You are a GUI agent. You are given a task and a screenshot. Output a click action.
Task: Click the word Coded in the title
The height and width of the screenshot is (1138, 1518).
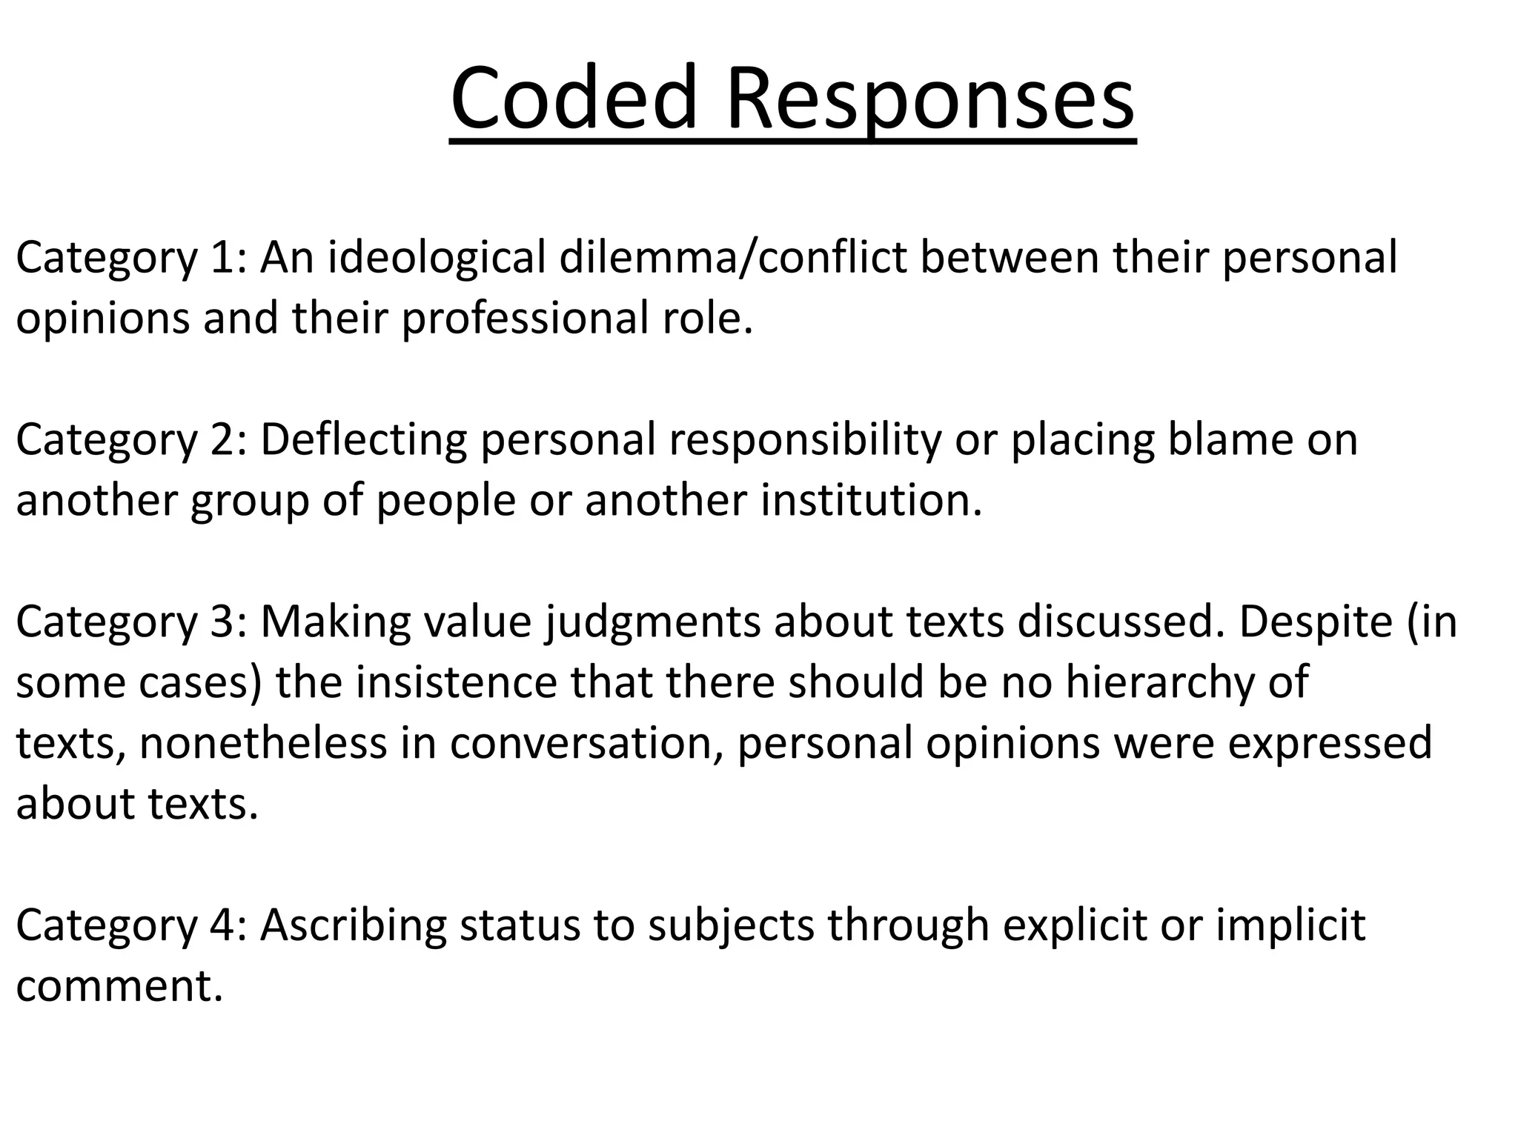tap(574, 99)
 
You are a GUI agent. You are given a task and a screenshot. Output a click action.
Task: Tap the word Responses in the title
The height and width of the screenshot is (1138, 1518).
tap(929, 99)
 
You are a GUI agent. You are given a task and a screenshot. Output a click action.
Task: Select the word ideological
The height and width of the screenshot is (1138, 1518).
tap(437, 257)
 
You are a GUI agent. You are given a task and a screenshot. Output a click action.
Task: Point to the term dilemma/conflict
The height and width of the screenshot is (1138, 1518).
tap(733, 257)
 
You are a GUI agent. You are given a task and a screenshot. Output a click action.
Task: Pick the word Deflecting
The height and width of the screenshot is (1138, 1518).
tap(363, 439)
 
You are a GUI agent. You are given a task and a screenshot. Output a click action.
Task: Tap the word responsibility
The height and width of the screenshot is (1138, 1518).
tap(803, 439)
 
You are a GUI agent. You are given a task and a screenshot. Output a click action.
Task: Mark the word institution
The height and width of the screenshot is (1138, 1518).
tap(871, 500)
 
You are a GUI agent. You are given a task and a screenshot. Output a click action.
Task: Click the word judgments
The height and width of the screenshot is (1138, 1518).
tap(653, 622)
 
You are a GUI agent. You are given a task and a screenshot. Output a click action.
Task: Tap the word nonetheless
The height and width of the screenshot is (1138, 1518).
tap(263, 743)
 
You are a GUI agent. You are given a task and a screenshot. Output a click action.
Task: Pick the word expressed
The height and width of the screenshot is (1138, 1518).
tap(1330, 743)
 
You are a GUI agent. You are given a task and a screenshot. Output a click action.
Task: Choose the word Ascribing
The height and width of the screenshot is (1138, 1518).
tap(353, 925)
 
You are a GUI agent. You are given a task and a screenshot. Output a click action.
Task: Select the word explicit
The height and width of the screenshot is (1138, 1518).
tap(1074, 925)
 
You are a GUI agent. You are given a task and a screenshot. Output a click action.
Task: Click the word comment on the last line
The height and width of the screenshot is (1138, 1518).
tap(119, 986)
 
